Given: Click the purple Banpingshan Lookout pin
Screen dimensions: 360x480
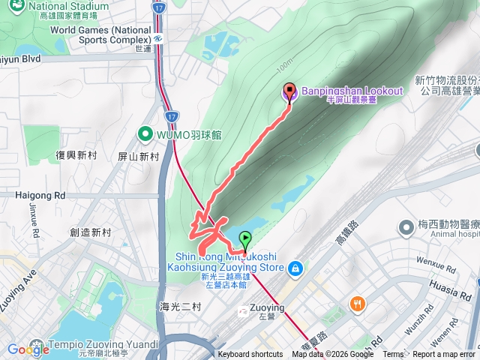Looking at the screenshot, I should point(289,92).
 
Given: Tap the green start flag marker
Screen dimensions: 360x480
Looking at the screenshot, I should point(244,241).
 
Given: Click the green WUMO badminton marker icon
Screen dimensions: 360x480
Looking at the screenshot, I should point(145,134).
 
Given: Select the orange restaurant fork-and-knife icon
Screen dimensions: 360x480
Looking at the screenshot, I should point(357,304).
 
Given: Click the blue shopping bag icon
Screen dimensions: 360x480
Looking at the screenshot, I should point(296,267).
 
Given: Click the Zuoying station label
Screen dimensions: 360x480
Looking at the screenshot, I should point(267,307).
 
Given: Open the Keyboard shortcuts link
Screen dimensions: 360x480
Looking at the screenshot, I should point(250,355).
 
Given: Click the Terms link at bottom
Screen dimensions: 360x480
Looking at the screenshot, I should point(393,355).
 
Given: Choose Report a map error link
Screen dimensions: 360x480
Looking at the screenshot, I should point(444,355).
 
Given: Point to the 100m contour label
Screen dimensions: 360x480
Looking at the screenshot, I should point(283,67).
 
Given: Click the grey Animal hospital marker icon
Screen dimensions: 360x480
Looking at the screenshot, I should point(406,226).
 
